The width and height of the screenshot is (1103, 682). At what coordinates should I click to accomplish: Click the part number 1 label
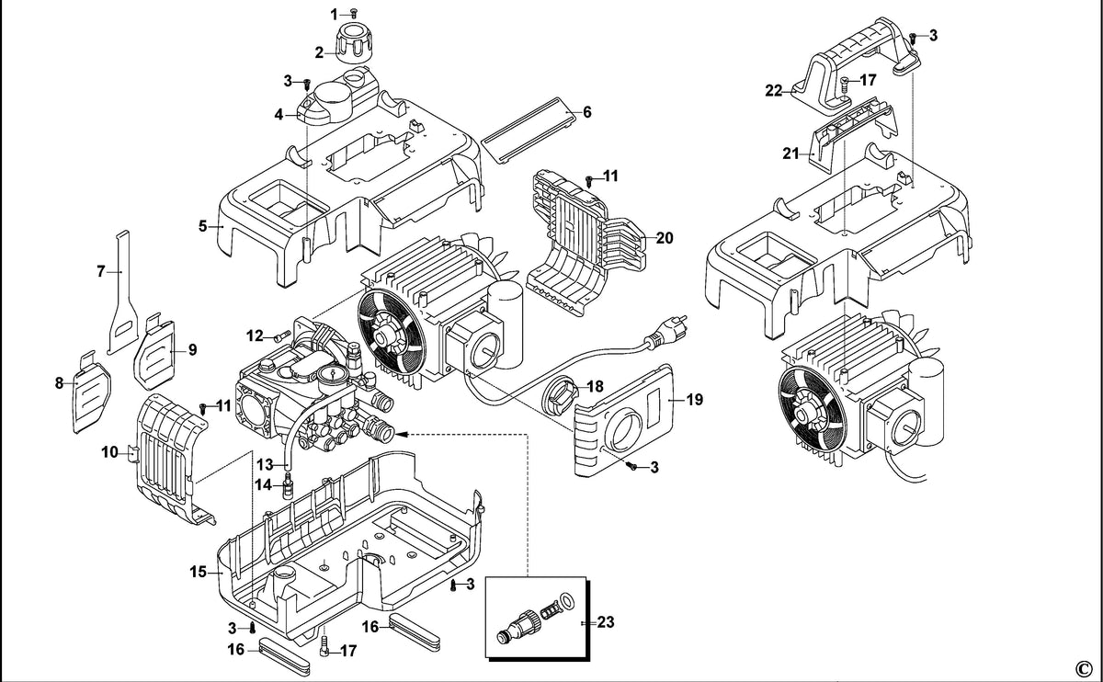pyautogui.click(x=334, y=15)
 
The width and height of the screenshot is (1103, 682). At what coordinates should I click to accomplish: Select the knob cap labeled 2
pyautogui.click(x=354, y=43)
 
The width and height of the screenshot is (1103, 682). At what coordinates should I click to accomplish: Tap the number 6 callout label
pyautogui.click(x=587, y=112)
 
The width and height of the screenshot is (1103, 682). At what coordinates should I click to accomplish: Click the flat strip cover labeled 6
pyautogui.click(x=528, y=131)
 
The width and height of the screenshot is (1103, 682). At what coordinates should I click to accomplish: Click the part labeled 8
pyautogui.click(x=92, y=392)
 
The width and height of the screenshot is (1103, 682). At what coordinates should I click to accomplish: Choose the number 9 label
pyautogui.click(x=192, y=349)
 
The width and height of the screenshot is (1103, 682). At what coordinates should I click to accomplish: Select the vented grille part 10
pyautogui.click(x=169, y=458)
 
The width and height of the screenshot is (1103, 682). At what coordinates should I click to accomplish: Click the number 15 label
pyautogui.click(x=198, y=573)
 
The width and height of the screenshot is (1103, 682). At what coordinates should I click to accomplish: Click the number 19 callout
pyautogui.click(x=695, y=399)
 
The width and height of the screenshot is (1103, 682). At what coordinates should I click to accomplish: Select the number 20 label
pyautogui.click(x=665, y=238)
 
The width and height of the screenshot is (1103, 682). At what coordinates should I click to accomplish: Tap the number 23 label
pyautogui.click(x=606, y=622)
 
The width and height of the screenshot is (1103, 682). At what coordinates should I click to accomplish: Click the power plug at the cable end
pyautogui.click(x=666, y=332)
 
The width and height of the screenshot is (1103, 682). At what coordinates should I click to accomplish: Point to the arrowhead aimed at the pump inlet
pyautogui.click(x=403, y=435)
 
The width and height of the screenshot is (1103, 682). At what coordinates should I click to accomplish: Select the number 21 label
pyautogui.click(x=790, y=153)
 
